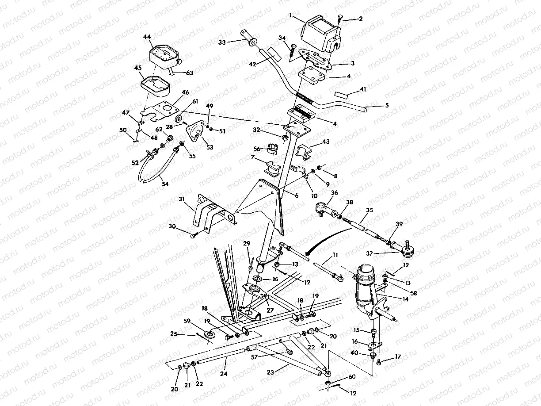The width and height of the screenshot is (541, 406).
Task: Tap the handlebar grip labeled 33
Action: tap(248, 38)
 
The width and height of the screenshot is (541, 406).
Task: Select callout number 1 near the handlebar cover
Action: tap(290, 15)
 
